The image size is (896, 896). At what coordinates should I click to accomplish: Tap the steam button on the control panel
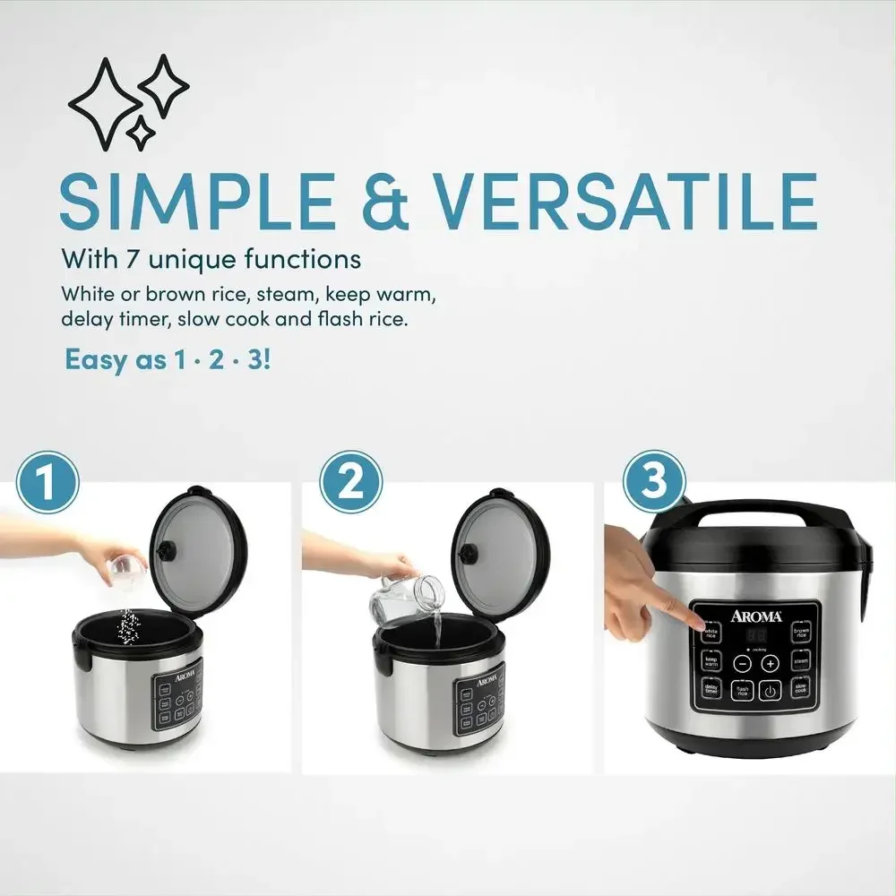800,662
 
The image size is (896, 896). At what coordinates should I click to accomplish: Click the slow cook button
800,690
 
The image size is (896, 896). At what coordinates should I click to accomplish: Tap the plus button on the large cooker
771,663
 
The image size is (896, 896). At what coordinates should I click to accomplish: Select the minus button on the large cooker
742,663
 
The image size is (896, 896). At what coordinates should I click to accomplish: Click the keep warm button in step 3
711,662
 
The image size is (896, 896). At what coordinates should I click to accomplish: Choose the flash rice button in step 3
742,691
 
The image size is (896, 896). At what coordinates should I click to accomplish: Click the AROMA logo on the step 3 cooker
755,616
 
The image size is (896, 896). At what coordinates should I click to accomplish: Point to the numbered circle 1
48,483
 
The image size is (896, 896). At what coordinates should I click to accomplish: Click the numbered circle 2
351,483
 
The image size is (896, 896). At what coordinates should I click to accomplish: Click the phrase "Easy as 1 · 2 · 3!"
167,360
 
